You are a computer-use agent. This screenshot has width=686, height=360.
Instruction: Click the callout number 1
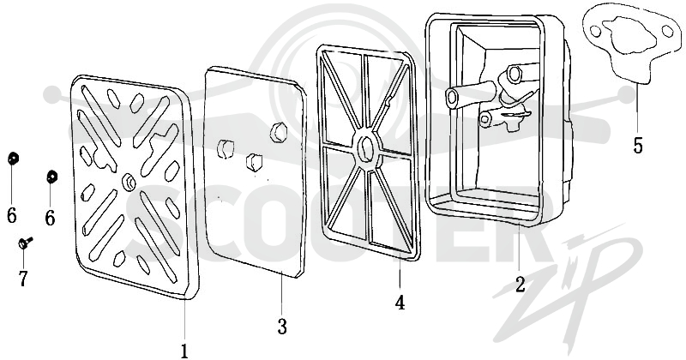point(184,351)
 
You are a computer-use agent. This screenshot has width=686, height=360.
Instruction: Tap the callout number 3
point(282,327)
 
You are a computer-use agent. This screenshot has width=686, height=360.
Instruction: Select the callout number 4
point(400,303)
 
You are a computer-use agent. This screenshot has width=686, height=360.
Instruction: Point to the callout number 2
point(520,285)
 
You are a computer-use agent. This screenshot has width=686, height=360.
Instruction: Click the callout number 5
point(638,145)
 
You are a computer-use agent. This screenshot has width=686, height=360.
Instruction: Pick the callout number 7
point(23,279)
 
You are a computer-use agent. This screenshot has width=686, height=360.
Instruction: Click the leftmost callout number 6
point(12,215)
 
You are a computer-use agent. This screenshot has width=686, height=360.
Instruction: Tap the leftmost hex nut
point(13,159)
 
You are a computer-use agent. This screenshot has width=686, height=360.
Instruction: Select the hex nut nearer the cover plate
point(52,177)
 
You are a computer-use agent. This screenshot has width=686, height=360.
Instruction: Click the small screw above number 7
point(26,242)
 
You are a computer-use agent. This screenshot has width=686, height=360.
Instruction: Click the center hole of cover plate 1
point(129,180)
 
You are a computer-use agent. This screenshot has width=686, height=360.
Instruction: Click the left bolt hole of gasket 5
point(595,31)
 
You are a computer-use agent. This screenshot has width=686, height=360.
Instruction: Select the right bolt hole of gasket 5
point(667,31)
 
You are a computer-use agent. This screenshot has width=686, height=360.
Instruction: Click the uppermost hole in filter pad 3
point(279,132)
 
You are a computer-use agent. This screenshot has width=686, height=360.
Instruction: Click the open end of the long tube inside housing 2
point(452,96)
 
